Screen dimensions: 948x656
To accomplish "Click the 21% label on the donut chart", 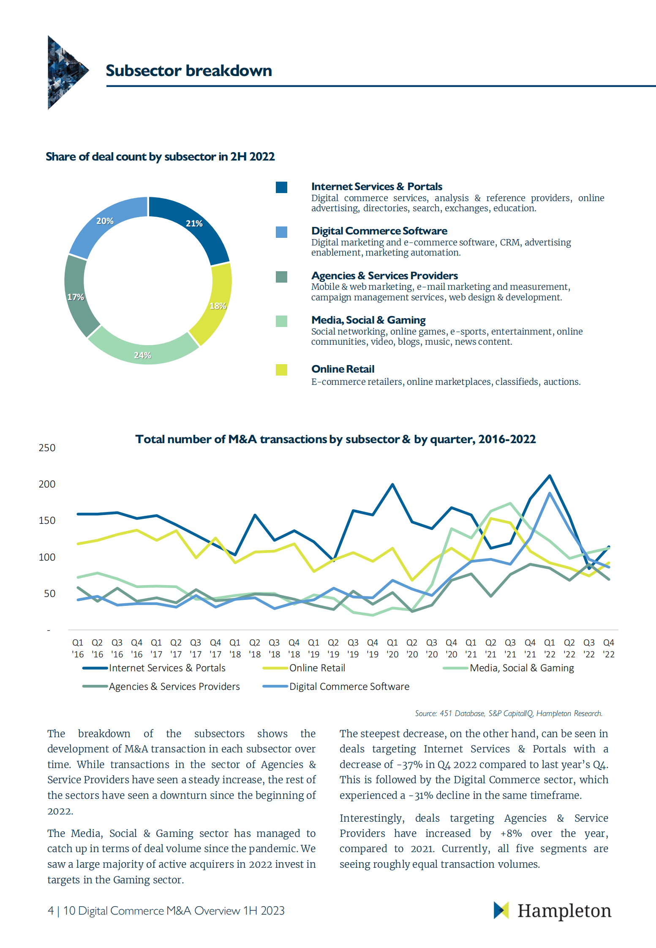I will click(194, 223).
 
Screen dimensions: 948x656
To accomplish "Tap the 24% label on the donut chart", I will click(142, 355).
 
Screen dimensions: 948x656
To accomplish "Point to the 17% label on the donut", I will click(76, 297).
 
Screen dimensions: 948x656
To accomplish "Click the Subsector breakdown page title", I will click(189, 71).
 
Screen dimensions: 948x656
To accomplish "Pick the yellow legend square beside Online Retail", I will click(281, 370).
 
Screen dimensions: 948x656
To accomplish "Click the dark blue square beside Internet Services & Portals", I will click(281, 187).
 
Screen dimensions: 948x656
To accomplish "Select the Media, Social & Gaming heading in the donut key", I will click(368, 320).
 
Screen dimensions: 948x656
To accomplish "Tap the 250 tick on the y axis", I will click(47, 448).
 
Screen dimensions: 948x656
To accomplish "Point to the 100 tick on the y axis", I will click(47, 557).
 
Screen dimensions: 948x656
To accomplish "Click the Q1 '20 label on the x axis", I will click(392, 648).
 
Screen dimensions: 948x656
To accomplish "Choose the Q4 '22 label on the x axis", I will click(608, 648).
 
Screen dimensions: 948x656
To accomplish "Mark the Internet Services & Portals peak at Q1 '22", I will click(550, 476).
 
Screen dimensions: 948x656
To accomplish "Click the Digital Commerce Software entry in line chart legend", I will click(349, 686).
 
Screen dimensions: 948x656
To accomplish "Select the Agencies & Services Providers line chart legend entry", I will click(174, 686).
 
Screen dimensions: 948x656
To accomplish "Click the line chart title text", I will click(335, 439).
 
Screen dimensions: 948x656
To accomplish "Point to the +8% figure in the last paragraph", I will click(511, 834).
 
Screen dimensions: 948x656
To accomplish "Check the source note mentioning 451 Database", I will click(508, 714).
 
